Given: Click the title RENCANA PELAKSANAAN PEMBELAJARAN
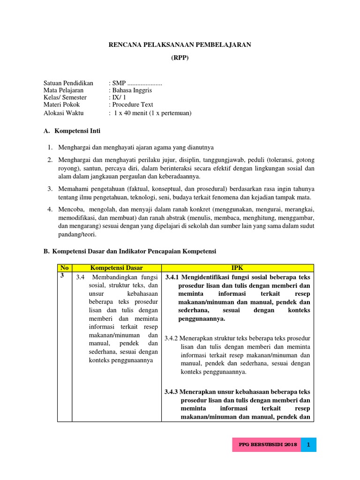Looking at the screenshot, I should [x=180, y=45].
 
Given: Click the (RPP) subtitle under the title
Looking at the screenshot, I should [x=180, y=59].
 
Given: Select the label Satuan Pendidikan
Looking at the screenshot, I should [x=68, y=83].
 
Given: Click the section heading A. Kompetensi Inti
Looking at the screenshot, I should [x=72, y=131].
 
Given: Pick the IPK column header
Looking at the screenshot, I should [x=238, y=268].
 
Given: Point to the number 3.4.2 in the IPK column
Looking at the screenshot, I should [x=173, y=338].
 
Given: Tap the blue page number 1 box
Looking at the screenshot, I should [x=309, y=444].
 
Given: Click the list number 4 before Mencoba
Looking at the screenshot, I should [x=49, y=209].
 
